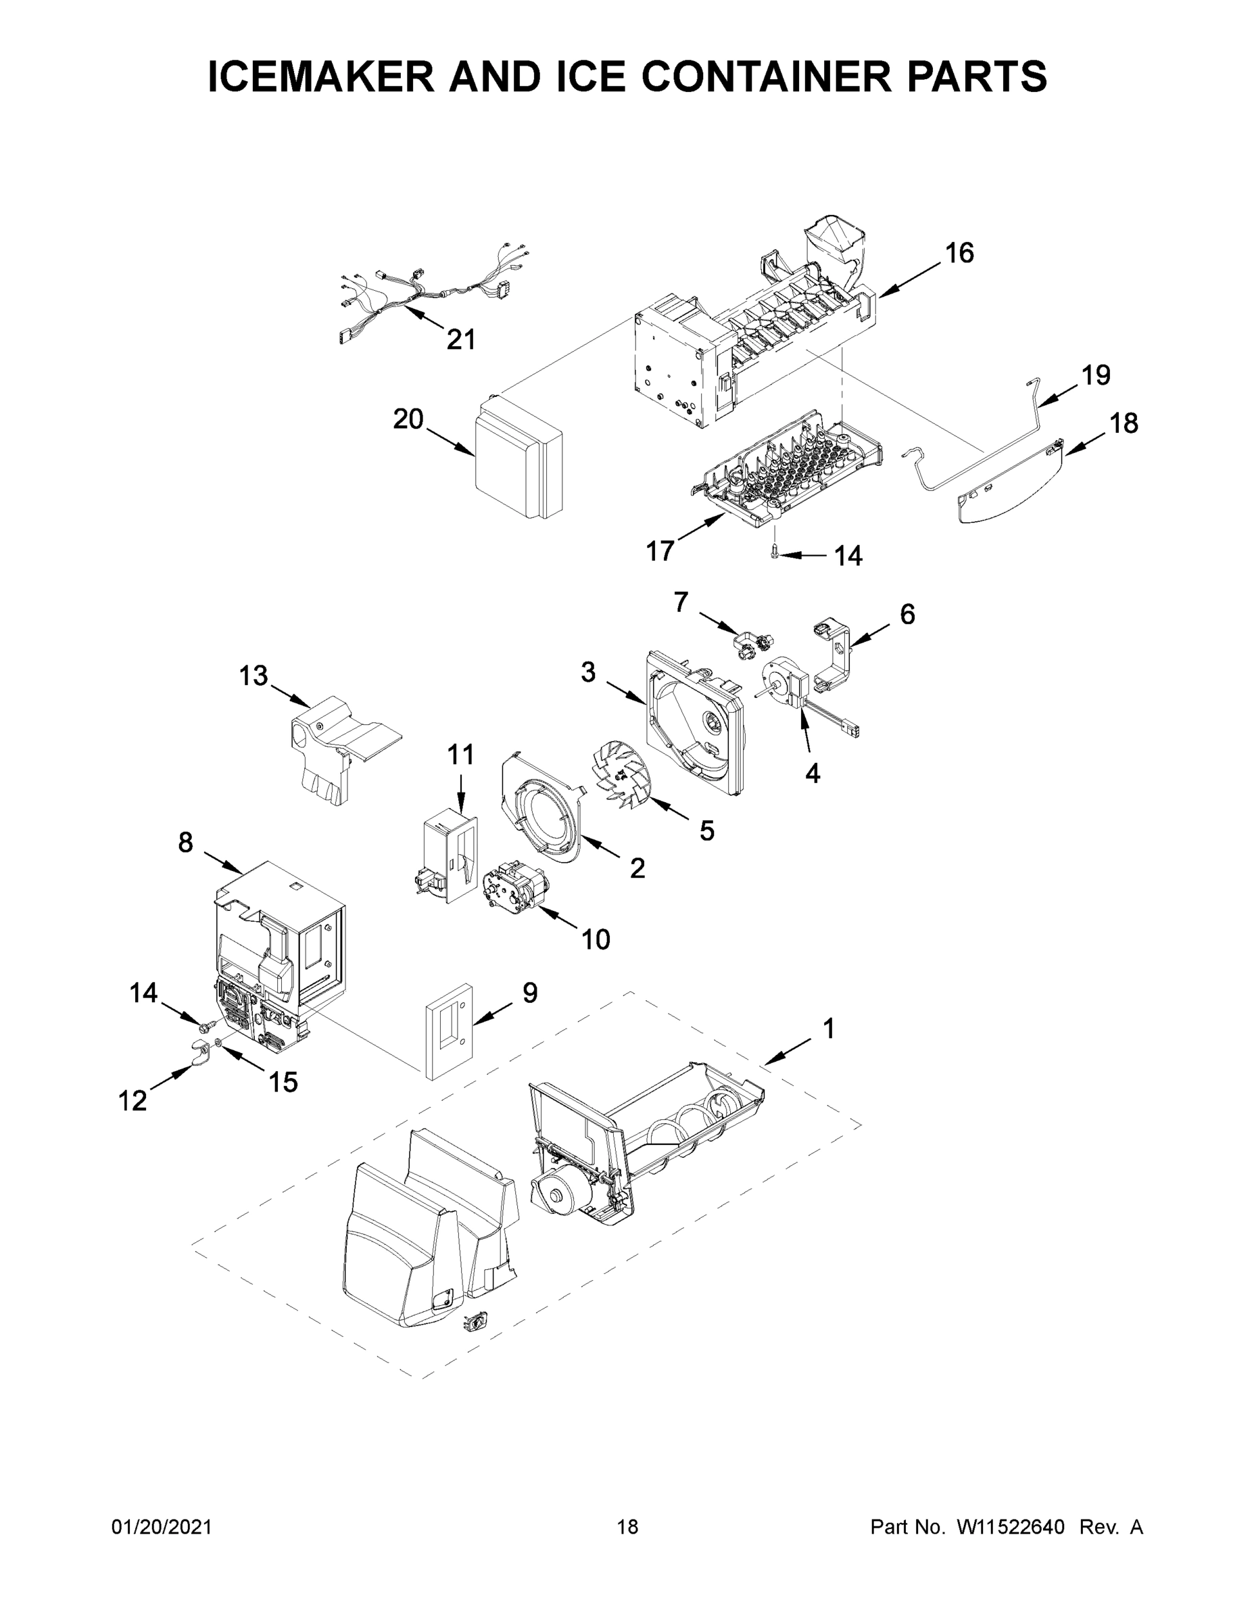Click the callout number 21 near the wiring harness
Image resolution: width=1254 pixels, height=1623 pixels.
click(x=460, y=339)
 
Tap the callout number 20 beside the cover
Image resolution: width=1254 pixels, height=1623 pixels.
click(x=408, y=419)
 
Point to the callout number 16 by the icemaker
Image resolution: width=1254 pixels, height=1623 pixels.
click(x=959, y=253)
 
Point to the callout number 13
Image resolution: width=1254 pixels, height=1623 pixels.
click(x=254, y=676)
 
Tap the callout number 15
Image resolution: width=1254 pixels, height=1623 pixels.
click(x=283, y=1082)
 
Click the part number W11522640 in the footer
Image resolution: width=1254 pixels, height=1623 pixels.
click(x=1011, y=1527)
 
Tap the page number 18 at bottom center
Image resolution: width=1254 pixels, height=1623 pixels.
click(x=628, y=1527)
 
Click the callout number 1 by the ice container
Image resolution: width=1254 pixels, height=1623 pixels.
click(x=828, y=1029)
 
